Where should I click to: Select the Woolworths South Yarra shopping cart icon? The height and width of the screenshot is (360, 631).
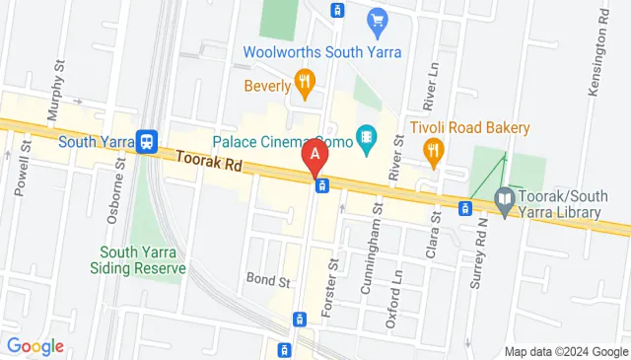(x=376, y=19)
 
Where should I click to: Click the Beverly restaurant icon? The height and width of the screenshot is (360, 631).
(x=305, y=84)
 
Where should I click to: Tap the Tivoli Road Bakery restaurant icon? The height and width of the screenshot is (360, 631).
(x=432, y=150)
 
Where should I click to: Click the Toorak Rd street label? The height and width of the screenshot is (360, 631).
(x=208, y=163)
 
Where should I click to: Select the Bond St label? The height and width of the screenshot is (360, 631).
(x=268, y=281)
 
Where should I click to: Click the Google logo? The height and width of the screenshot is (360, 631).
(x=35, y=346)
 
